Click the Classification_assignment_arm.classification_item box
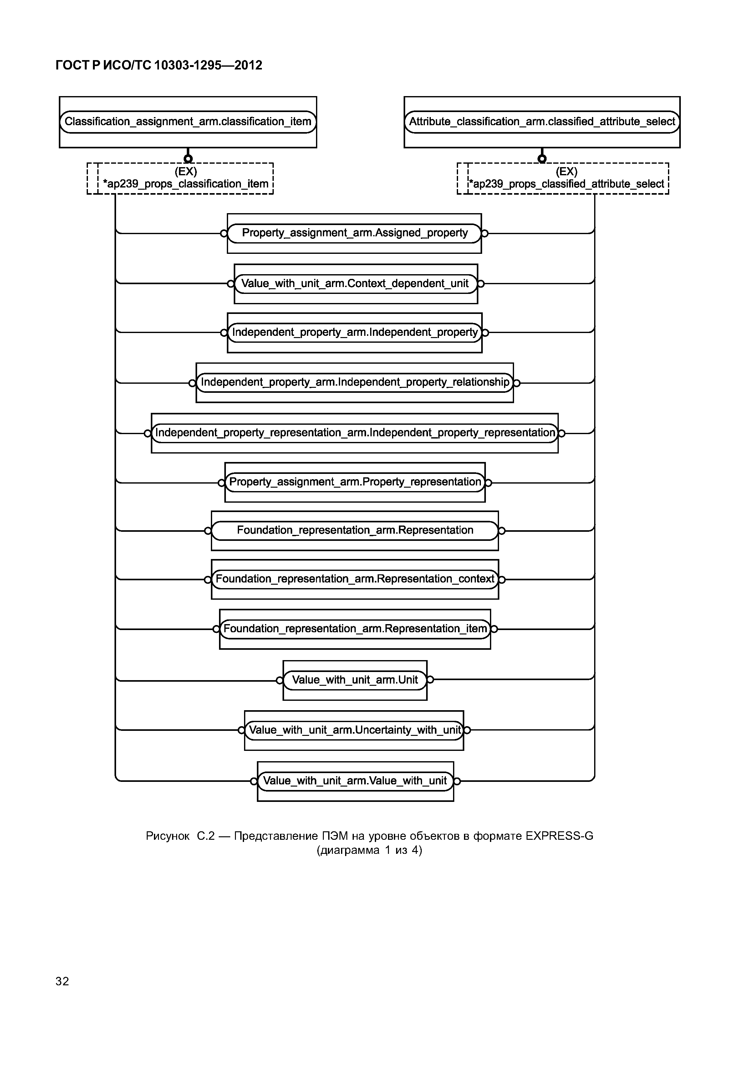[x=188, y=122]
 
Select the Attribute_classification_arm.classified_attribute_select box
[x=542, y=122]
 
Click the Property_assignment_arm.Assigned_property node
[x=355, y=233]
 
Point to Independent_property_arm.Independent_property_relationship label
[x=355, y=382]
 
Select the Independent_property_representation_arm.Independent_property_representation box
[x=355, y=433]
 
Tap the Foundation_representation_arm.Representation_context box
[x=355, y=579]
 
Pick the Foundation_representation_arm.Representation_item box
[x=355, y=629]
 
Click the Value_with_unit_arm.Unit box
[x=355, y=680]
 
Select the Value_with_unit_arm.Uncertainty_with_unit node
[x=355, y=730]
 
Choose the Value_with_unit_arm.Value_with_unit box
[x=355, y=781]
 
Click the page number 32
[x=62, y=981]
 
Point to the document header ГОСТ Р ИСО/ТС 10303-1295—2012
[x=159, y=65]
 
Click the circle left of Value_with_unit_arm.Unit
[x=279, y=680]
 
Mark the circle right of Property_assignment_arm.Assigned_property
[x=485, y=233]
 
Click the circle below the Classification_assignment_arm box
[x=188, y=158]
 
